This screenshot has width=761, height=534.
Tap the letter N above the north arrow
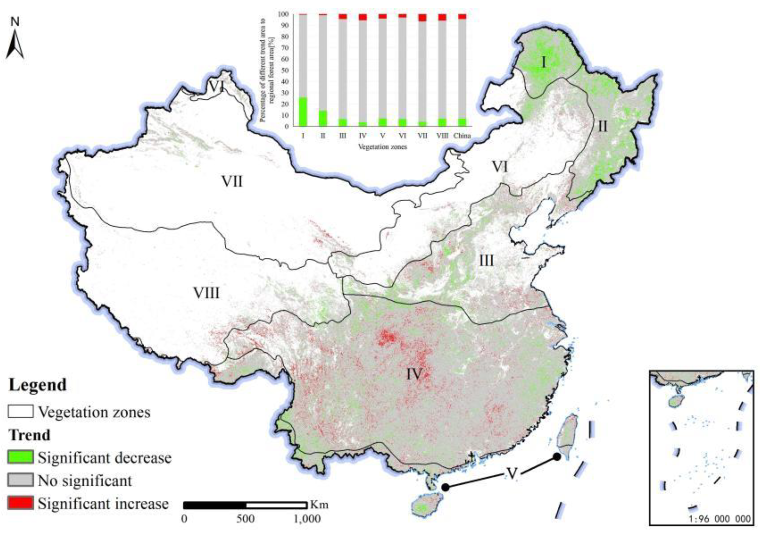click(15, 22)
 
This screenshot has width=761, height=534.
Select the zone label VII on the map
click(232, 182)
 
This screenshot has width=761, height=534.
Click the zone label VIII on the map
click(206, 293)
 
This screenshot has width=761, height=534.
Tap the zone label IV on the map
click(414, 374)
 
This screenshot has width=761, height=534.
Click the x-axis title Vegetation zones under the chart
click(382, 146)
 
